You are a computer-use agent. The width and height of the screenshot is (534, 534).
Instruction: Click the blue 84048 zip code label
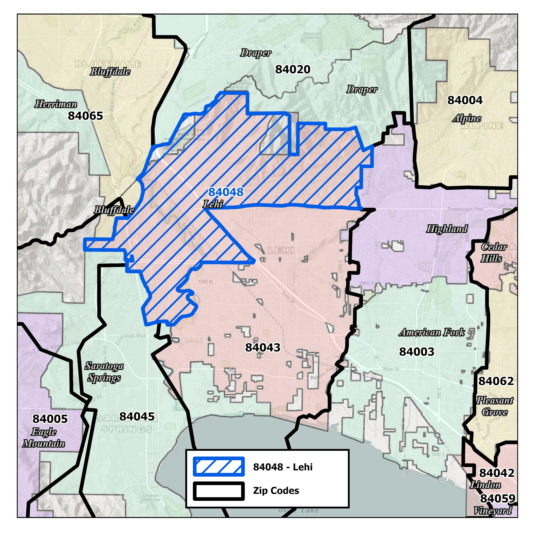(x=226, y=192)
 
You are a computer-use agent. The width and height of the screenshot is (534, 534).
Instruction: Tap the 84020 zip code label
(x=293, y=69)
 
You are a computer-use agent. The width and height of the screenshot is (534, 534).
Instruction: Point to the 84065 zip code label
(x=85, y=116)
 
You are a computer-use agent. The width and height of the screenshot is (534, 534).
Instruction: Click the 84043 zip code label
(x=263, y=347)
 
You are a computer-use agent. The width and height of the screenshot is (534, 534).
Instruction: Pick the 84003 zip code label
(x=417, y=352)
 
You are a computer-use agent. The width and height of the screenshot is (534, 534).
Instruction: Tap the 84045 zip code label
(x=137, y=417)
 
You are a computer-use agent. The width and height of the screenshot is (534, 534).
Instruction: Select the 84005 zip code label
(x=50, y=419)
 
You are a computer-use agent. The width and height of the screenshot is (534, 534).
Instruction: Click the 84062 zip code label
(x=496, y=381)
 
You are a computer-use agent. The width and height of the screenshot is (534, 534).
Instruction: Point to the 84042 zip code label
(x=497, y=473)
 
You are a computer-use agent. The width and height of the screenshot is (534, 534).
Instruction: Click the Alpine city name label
(x=467, y=118)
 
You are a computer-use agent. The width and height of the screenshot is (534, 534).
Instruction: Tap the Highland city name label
(x=447, y=229)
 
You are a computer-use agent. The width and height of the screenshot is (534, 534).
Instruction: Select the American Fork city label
(x=431, y=332)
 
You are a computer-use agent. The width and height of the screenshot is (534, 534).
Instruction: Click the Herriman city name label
(x=56, y=104)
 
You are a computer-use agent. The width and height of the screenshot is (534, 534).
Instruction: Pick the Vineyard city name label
(x=493, y=510)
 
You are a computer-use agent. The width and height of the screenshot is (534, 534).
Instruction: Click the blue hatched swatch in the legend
(x=219, y=467)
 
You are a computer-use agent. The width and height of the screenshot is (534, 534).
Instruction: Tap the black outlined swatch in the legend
(x=219, y=490)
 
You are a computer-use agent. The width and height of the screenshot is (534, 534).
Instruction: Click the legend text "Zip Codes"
(x=276, y=491)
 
